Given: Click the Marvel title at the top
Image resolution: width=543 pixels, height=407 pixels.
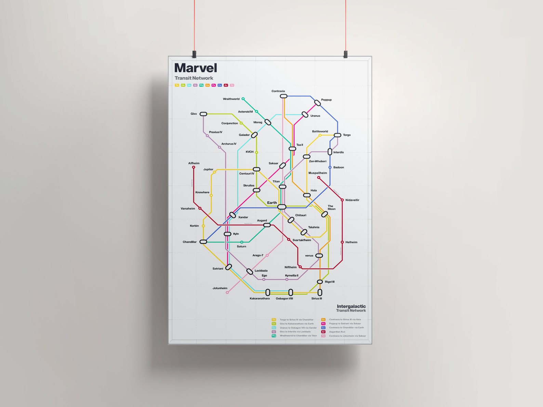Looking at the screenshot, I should pyautogui.click(x=196, y=68).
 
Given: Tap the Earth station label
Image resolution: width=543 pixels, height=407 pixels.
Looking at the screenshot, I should pyautogui.click(x=272, y=203).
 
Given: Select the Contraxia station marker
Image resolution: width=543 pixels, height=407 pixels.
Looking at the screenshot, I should pyautogui.click(x=283, y=96).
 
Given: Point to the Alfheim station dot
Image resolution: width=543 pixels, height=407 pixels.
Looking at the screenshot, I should pyautogui.click(x=194, y=167).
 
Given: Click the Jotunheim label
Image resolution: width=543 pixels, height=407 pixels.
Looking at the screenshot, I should pyautogui.click(x=220, y=288).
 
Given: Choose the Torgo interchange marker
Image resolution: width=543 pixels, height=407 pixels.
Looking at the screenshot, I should pyautogui.click(x=337, y=135).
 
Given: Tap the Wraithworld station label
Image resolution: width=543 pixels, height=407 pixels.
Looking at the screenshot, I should pyautogui.click(x=231, y=99).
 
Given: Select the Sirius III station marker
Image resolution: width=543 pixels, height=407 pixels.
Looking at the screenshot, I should pyautogui.click(x=320, y=293).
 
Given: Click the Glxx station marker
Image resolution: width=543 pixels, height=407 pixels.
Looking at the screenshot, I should pyautogui.click(x=203, y=114).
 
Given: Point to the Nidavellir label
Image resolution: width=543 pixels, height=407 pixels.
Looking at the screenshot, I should pyautogui.click(x=352, y=200).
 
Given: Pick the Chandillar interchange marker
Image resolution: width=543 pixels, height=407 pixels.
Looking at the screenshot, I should pyautogui.click(x=203, y=242).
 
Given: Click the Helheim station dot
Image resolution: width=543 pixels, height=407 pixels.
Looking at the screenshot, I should pyautogui.click(x=342, y=242).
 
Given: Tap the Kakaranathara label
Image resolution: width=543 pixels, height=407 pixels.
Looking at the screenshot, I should pyautogui.click(x=260, y=298).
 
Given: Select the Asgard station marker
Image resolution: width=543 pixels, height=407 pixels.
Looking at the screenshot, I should pyautogui.click(x=267, y=225).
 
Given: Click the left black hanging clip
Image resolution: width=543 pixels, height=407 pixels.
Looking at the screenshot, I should pyautogui.click(x=194, y=54).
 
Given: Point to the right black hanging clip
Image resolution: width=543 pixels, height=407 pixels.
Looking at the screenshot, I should pyautogui.click(x=346, y=54).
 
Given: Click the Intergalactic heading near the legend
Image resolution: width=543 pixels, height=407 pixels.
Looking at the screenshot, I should pyautogui.click(x=351, y=306).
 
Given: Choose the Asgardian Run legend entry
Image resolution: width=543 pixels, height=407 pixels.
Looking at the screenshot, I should pyautogui.click(x=337, y=331).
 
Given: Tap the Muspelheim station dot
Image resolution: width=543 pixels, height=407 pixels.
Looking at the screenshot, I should pyautogui.click(x=319, y=177).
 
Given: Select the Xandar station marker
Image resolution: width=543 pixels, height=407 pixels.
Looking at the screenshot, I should pyautogui.click(x=233, y=215).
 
